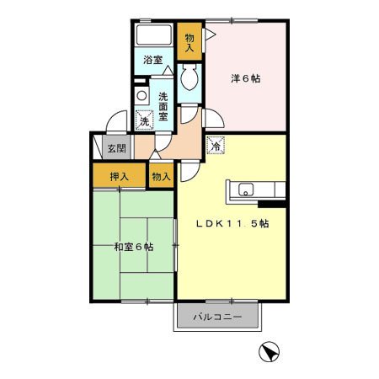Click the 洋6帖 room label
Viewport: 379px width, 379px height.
tap(246, 78)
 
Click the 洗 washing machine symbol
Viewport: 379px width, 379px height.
tap(145, 121)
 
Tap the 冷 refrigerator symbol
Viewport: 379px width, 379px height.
tap(216, 145)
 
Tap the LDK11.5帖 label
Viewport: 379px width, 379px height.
tap(232, 224)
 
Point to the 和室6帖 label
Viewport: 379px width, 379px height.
tap(133, 248)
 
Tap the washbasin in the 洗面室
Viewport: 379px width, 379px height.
tap(142, 94)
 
